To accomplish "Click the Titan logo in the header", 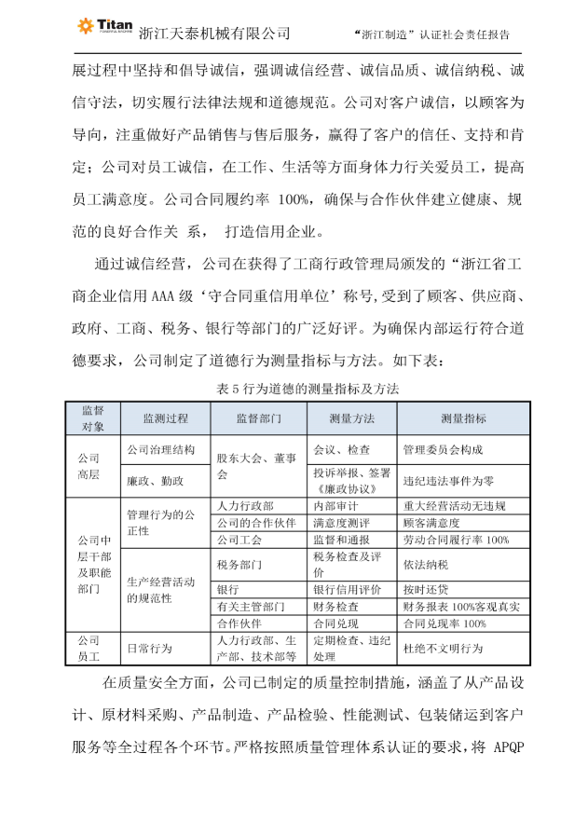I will (103, 27).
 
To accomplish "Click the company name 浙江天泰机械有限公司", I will (214, 34).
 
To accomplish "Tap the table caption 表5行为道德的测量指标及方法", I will (294, 390).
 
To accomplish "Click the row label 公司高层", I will (89, 465).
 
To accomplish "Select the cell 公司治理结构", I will (161, 449).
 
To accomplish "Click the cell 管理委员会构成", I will (443, 449).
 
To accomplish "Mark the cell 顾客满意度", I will (431, 523).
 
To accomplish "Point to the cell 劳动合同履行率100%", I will (456, 540).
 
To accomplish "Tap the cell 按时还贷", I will (426, 590).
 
